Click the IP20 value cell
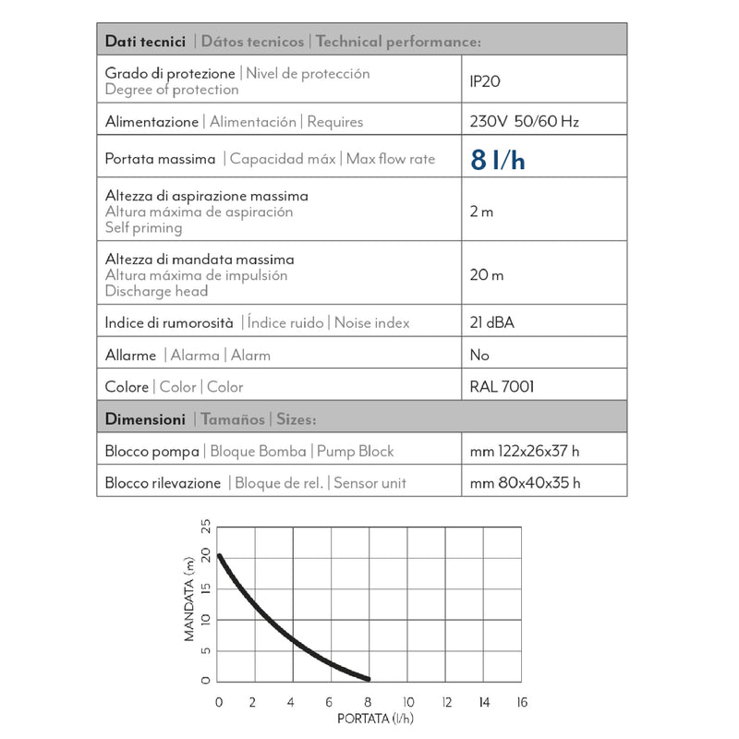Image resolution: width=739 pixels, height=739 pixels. click(485, 81)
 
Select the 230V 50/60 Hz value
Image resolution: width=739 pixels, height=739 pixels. click(525, 121)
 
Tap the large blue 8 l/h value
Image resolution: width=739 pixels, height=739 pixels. click(497, 160)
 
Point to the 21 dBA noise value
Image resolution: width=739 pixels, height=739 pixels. click(491, 322)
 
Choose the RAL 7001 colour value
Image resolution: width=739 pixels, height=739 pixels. click(502, 387)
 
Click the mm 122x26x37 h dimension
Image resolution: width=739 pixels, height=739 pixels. click(525, 451)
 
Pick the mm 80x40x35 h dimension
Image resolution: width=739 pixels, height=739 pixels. click(525, 482)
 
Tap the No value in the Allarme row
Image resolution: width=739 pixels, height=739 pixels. click(479, 355)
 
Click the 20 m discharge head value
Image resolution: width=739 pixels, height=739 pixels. click(486, 274)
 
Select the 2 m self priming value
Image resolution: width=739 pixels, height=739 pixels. click(481, 212)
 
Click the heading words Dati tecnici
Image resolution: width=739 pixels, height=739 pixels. click(145, 42)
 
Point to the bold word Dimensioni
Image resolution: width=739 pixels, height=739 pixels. click(145, 418)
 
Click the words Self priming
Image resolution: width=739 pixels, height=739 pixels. click(143, 227)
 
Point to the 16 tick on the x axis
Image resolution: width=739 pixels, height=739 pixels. click(521, 701)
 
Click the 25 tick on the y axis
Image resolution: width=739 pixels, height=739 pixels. click(206, 527)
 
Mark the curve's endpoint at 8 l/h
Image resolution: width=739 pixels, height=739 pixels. click(369, 677)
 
